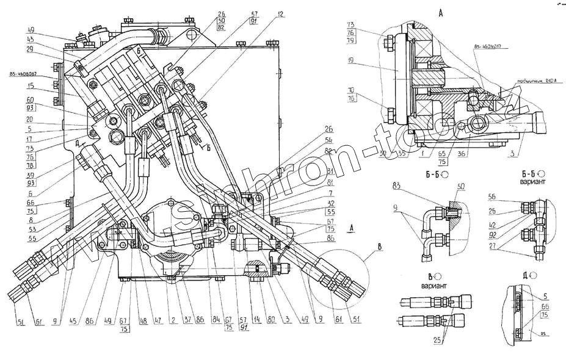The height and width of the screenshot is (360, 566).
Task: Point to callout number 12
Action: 280,14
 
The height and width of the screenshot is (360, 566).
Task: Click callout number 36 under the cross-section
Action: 462,154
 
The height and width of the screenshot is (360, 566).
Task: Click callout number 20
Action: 29,120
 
